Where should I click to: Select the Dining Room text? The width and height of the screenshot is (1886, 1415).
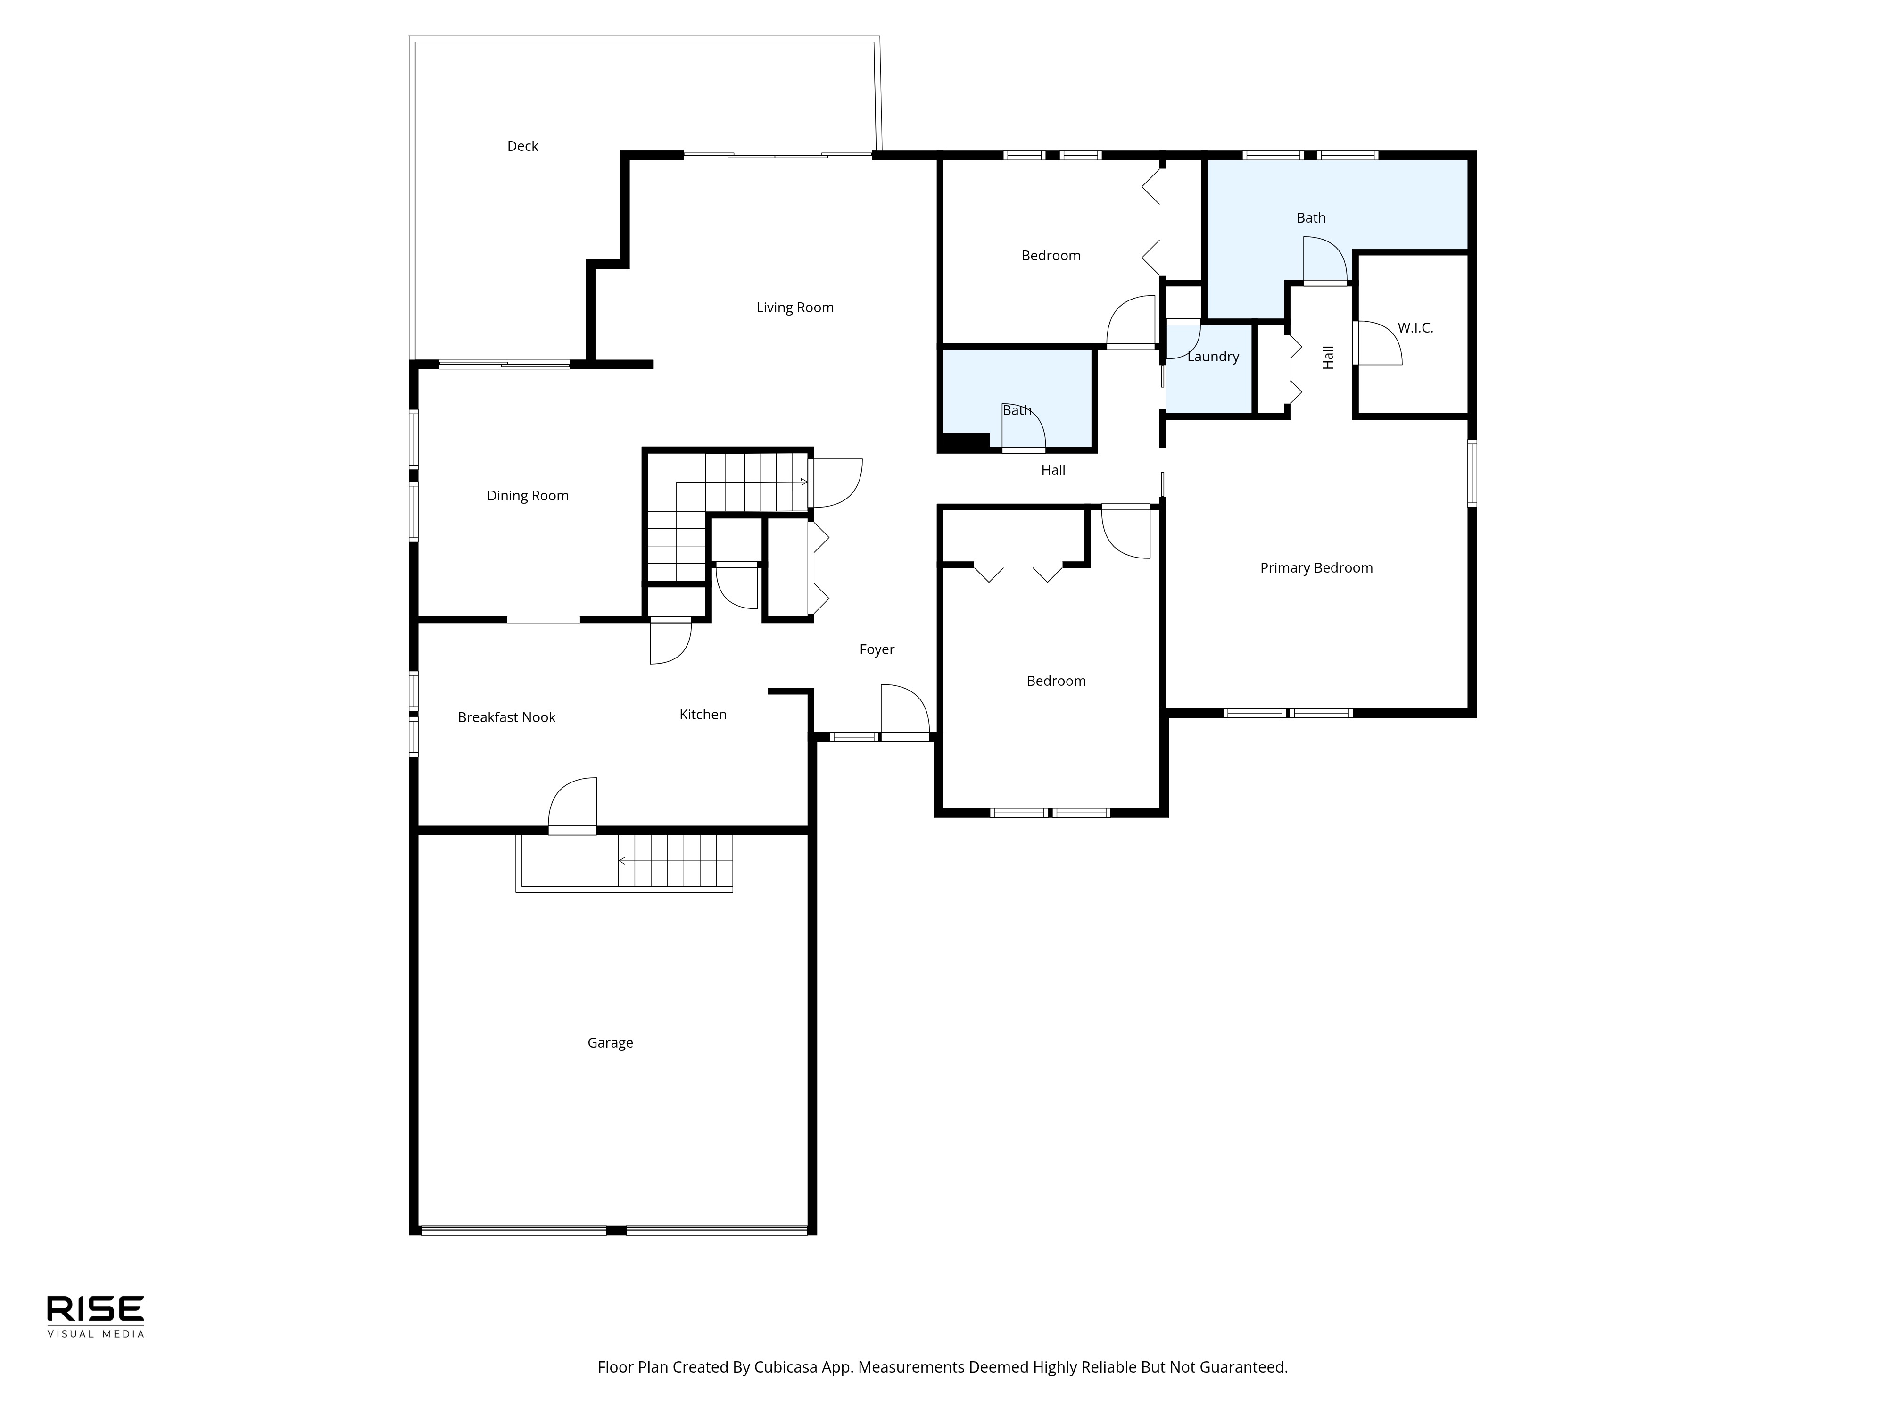pyautogui.click(x=528, y=496)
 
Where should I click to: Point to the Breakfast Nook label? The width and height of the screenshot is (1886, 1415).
pyautogui.click(x=506, y=717)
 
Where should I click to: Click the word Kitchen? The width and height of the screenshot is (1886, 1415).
pyautogui.click(x=703, y=715)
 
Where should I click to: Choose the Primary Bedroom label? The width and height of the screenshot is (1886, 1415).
pyautogui.click(x=1316, y=568)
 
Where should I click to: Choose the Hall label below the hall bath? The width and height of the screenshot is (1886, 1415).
pyautogui.click(x=1053, y=470)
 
